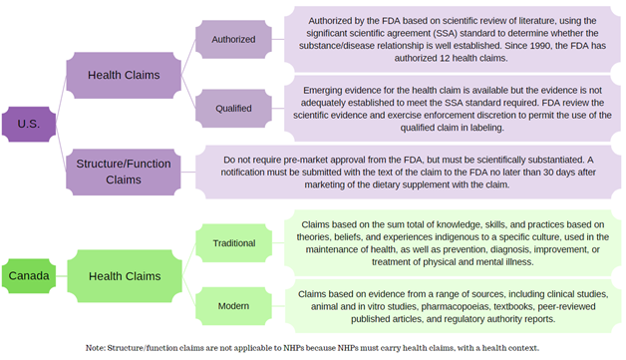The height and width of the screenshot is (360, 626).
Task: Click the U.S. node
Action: [29, 124]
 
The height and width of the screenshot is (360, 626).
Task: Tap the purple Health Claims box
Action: [123, 75]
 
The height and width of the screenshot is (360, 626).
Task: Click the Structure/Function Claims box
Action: [123, 172]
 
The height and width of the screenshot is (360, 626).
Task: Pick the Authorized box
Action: [233, 39]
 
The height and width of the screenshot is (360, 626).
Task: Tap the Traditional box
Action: [234, 242]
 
